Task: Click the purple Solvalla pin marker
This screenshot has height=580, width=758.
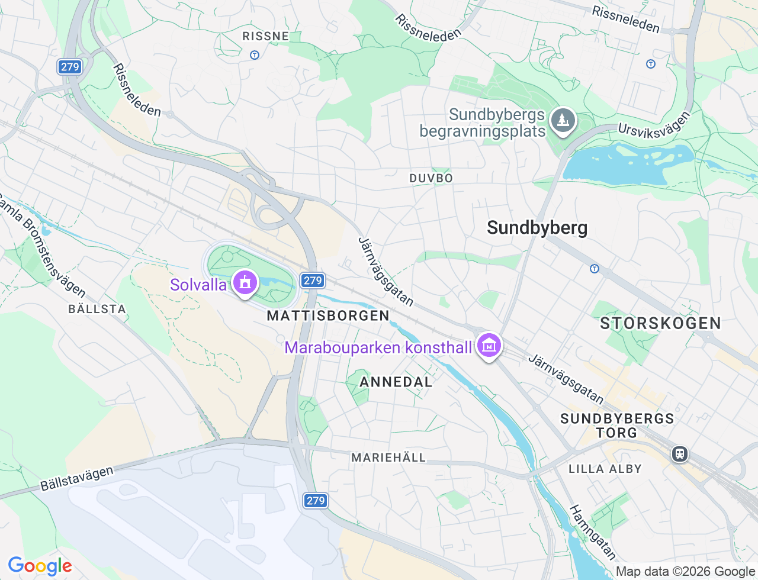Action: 245,282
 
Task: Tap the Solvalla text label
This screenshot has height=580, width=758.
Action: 198,285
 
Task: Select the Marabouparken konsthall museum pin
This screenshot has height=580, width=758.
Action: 489,346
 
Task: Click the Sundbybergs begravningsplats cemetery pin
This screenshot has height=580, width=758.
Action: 562,120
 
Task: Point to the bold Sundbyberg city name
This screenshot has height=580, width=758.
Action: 537,228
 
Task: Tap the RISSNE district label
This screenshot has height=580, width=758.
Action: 266,36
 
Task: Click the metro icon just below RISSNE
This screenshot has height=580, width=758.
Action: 255,55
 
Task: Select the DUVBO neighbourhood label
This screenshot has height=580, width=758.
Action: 431,178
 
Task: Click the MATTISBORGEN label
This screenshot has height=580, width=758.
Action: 328,315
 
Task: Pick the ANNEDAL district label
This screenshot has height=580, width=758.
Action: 396,382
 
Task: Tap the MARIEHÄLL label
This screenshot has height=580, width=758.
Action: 388,457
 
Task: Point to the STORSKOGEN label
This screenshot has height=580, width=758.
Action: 661,323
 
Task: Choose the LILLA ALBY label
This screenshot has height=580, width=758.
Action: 605,469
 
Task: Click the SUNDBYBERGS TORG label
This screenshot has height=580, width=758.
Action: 617,426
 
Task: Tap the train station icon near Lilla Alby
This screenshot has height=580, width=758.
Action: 679,454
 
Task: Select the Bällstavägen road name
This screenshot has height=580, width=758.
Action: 77,478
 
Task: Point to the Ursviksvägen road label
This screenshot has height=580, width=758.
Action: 654,125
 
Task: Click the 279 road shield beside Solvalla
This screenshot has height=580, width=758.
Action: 313,281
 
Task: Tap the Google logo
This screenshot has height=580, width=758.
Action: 40,566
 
